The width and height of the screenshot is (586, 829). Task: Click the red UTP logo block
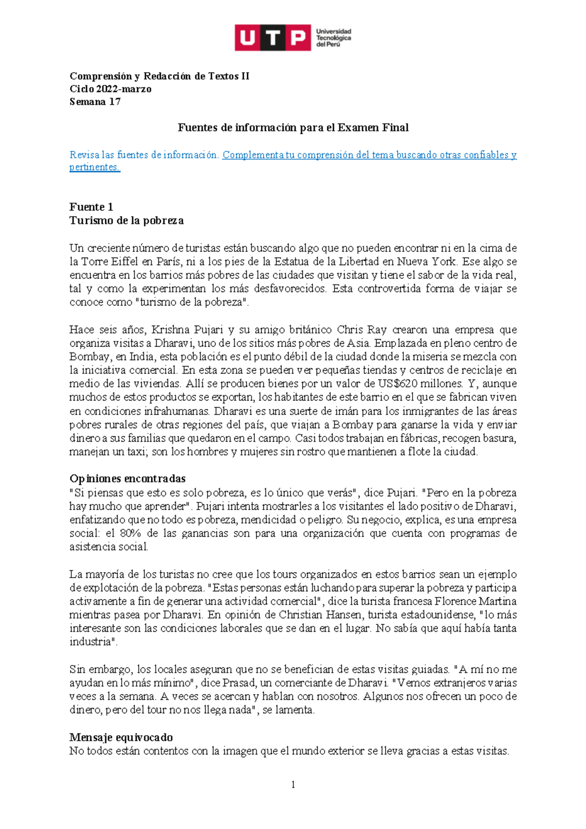(272, 38)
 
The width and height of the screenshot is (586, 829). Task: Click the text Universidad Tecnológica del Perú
(334, 38)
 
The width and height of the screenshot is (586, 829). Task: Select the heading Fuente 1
(91, 207)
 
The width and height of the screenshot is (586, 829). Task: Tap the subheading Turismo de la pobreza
(126, 221)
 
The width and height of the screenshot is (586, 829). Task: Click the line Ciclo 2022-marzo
(110, 89)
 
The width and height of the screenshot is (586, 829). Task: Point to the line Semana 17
(95, 102)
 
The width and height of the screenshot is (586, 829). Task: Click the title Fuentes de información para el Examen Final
(293, 128)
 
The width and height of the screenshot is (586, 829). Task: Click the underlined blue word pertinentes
(94, 167)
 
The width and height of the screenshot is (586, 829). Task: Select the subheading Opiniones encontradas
(127, 478)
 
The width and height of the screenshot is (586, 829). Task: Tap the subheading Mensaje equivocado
(121, 737)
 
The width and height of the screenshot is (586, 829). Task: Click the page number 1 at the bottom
(293, 785)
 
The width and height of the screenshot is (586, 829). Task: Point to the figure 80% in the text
(130, 533)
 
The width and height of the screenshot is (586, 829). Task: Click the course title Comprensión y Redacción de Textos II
(159, 76)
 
